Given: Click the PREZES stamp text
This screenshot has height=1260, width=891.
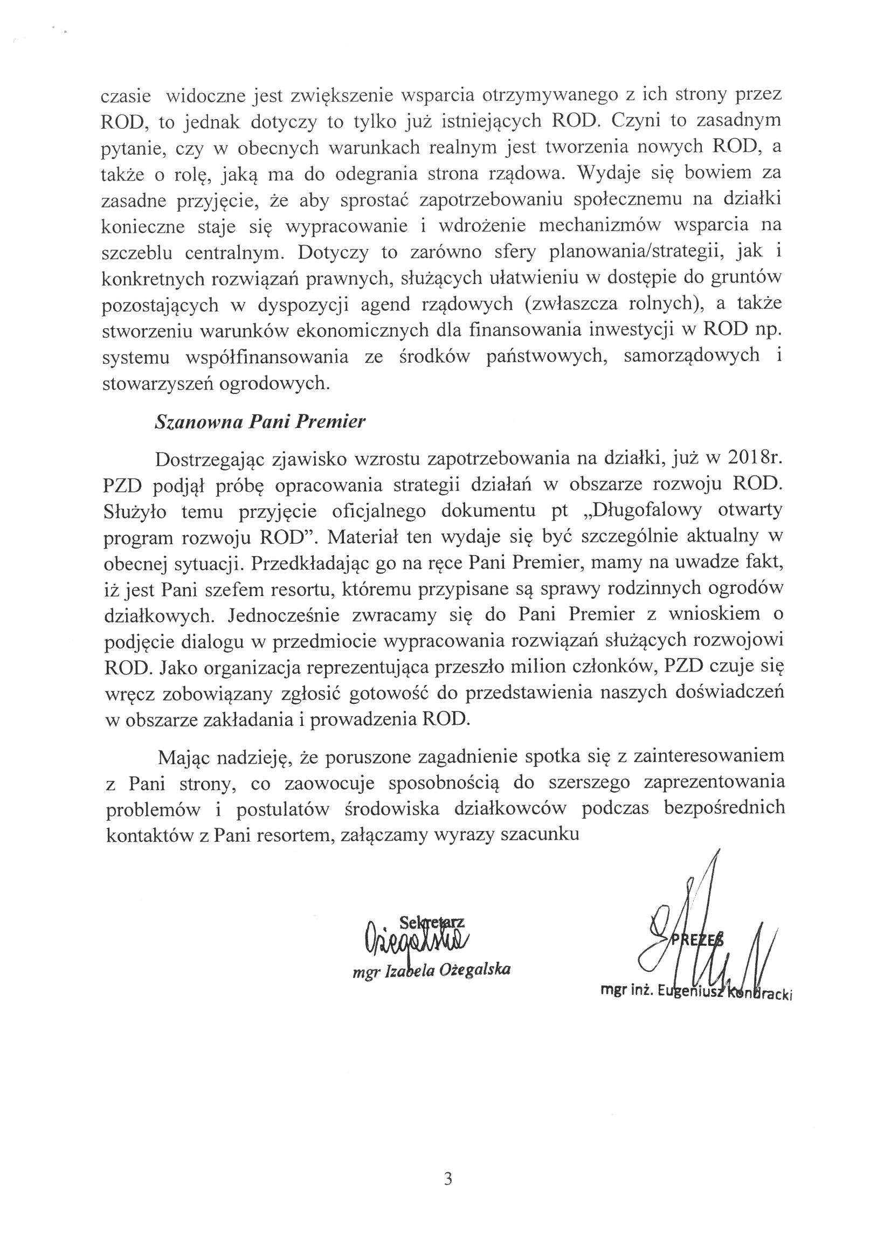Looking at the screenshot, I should tap(696, 939).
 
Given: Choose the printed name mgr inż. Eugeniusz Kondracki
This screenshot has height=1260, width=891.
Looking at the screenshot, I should tap(697, 991).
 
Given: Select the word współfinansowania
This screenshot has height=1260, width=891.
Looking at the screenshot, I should tap(267, 357).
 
